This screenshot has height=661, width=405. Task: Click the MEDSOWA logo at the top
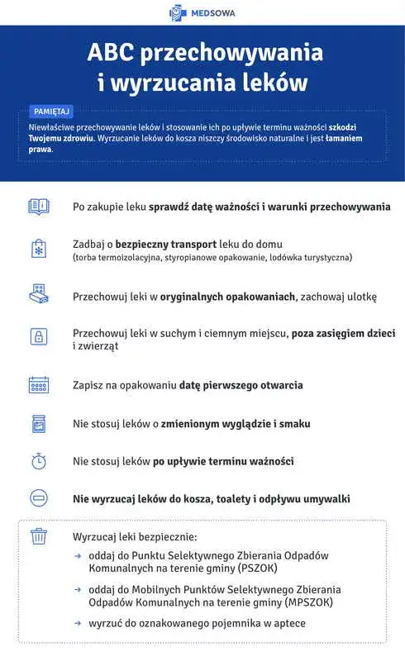pos(202,12)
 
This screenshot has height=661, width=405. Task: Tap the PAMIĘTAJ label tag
pos(52,111)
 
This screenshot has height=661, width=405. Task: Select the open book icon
pos(39,207)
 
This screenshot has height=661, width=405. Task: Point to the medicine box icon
pos(39,296)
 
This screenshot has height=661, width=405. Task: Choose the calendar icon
pos(39,385)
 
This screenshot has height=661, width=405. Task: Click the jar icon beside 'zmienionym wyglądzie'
pos(39,424)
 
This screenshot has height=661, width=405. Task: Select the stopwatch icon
pos(39,461)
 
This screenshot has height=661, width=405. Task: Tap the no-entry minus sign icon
pos(39,498)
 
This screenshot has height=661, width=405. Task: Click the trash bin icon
pos(39,537)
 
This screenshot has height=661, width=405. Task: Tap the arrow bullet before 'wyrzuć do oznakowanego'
pos(78,622)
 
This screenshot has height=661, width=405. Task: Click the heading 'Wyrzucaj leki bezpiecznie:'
pos(136,537)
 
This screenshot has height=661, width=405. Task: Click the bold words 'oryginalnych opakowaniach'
pos(227,296)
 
